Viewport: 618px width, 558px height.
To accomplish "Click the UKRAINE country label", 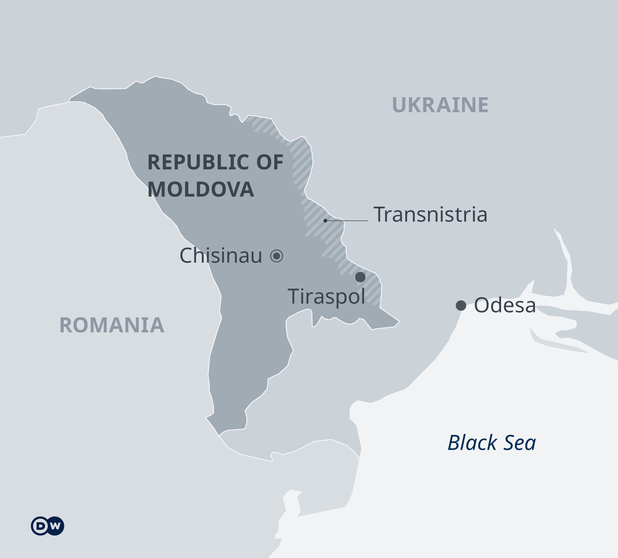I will [x=440, y=105].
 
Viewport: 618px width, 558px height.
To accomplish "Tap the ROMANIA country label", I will [x=112, y=325].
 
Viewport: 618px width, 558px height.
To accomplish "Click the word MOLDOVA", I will [x=201, y=189].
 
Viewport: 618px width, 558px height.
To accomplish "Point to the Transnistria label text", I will [x=430, y=214].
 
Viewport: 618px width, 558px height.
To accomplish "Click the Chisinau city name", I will [x=221, y=256].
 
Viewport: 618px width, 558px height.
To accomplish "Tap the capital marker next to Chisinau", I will [x=277, y=256].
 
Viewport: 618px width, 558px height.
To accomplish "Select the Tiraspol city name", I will [x=326, y=297].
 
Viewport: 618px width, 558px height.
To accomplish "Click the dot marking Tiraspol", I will [x=360, y=277].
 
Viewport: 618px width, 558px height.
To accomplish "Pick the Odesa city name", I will [x=505, y=306].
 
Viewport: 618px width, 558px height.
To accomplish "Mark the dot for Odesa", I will [x=461, y=305].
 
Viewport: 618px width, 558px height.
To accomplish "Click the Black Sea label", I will [x=491, y=443].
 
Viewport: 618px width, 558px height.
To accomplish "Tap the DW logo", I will [x=48, y=526].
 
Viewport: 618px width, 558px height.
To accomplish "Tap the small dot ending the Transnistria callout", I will [x=325, y=220].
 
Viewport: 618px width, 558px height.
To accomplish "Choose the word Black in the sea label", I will [x=472, y=443].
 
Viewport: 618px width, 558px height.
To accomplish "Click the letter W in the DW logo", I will [x=55, y=526].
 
